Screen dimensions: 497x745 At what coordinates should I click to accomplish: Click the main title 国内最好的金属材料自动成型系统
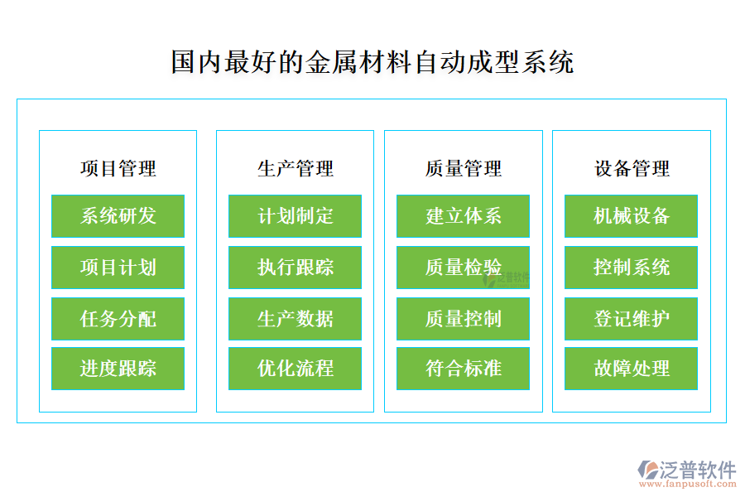point(372,62)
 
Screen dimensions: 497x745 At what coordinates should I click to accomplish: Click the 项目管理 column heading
point(118,169)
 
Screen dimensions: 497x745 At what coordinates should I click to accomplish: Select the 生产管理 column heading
point(295,169)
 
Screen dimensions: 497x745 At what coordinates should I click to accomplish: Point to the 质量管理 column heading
point(463,169)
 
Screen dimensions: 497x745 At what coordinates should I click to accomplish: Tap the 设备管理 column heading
point(631,169)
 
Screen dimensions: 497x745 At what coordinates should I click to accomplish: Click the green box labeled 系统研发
point(118,216)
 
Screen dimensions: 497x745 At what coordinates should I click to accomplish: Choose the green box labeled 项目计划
point(118,268)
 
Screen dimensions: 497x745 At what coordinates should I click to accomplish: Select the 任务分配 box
point(118,319)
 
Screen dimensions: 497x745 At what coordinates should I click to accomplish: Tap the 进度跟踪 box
point(118,369)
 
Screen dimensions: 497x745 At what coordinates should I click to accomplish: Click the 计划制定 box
point(295,216)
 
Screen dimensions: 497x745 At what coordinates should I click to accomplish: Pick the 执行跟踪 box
point(295,268)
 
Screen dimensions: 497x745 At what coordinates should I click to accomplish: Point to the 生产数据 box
point(295,319)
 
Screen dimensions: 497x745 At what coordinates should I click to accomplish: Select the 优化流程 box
point(295,369)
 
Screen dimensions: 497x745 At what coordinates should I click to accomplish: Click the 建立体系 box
point(463,216)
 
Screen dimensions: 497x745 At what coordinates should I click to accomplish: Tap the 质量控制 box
point(463,319)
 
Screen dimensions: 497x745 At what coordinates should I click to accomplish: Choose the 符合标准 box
point(463,369)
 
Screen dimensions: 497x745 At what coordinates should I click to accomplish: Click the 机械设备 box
point(631,216)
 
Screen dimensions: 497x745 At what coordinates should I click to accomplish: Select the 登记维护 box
point(631,319)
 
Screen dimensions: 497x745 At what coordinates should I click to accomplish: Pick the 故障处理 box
point(631,369)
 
